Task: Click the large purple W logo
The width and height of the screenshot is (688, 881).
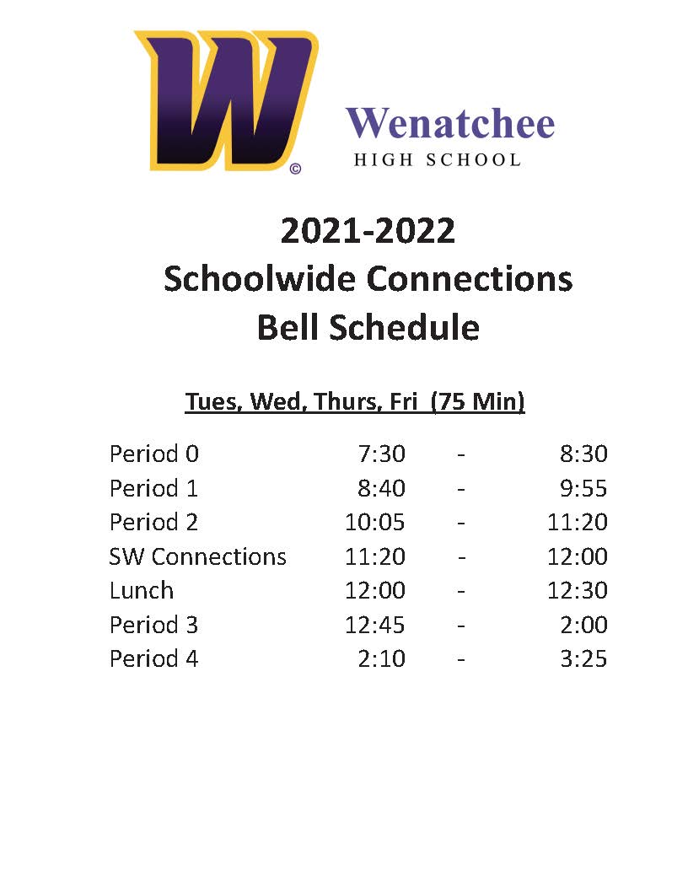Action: [x=225, y=101]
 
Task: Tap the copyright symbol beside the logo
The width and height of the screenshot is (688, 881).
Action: [x=295, y=169]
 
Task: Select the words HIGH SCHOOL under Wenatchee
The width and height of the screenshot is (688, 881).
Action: [x=437, y=159]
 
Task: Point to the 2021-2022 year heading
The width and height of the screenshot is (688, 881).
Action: [x=368, y=230]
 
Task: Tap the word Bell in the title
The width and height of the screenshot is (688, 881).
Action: [x=289, y=327]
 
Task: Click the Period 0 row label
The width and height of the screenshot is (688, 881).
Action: [x=154, y=454]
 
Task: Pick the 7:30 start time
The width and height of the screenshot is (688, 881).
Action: [x=381, y=454]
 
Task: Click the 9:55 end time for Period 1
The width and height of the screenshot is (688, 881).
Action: [x=583, y=488]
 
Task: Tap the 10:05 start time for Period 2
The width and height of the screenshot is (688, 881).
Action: [x=374, y=522]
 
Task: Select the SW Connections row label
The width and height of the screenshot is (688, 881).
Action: [x=198, y=556]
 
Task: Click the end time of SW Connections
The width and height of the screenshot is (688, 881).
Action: [x=578, y=556]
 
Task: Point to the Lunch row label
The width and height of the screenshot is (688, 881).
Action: [x=142, y=590]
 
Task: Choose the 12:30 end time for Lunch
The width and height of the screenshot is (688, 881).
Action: [x=578, y=590]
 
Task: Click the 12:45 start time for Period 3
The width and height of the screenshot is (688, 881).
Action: [x=374, y=625]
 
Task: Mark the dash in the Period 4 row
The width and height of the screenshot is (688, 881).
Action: [x=461, y=660]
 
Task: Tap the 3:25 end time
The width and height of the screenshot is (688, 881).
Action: [x=583, y=658]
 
